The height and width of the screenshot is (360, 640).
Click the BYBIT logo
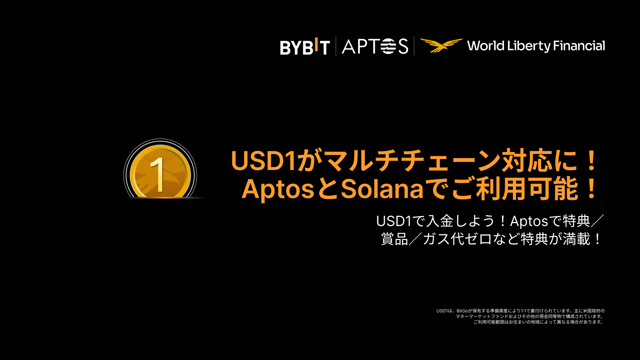click(x=304, y=46)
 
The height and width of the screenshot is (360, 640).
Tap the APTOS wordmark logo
click(x=375, y=46)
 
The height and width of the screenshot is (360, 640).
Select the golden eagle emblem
click(x=441, y=46)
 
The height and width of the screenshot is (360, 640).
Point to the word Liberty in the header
click(x=531, y=46)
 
